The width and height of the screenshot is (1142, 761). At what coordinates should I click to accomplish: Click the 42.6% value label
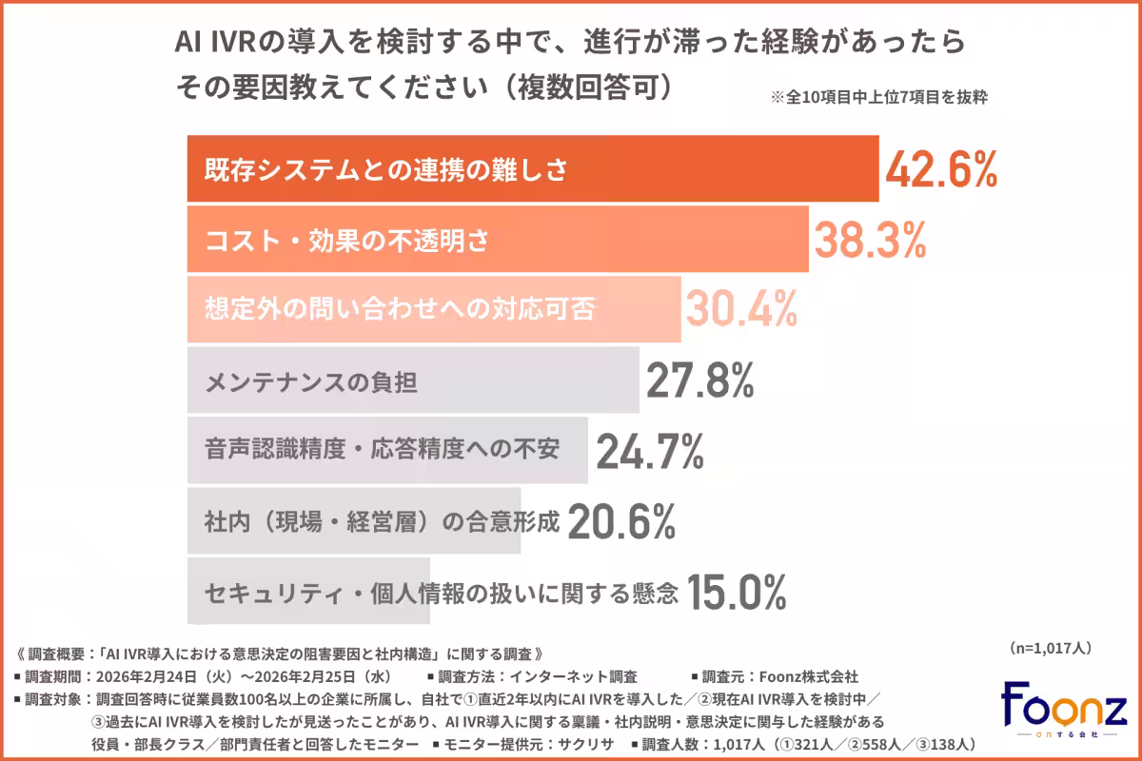point(940,169)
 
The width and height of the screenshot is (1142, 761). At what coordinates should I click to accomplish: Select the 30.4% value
point(741,309)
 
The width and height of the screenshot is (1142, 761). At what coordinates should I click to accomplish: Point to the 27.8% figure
point(699,380)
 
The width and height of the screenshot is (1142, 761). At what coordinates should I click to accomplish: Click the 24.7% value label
point(649,451)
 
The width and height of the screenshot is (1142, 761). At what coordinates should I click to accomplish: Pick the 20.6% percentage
point(621,521)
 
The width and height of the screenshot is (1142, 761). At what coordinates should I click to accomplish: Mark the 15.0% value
point(736,592)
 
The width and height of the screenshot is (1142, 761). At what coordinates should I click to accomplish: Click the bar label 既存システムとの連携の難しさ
point(386,170)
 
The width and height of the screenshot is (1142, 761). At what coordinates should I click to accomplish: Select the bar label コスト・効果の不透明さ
point(347,241)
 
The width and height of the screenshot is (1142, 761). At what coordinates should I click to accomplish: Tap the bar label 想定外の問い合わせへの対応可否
point(401,310)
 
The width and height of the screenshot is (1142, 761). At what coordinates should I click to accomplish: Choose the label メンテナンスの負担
point(311,381)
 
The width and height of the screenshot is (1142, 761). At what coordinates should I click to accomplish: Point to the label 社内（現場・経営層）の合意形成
point(381,521)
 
